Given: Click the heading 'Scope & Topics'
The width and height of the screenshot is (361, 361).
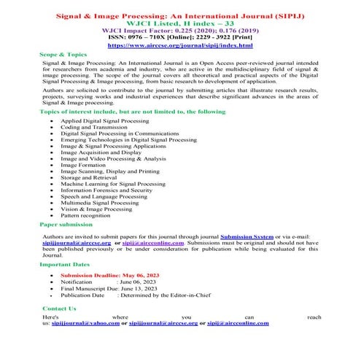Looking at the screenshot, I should pos(63,55).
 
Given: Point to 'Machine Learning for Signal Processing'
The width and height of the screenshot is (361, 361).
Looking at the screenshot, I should pos(112,185).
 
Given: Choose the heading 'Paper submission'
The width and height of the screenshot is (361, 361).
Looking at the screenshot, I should pos(66,225).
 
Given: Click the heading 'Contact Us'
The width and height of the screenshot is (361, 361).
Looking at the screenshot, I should pos(59,309).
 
